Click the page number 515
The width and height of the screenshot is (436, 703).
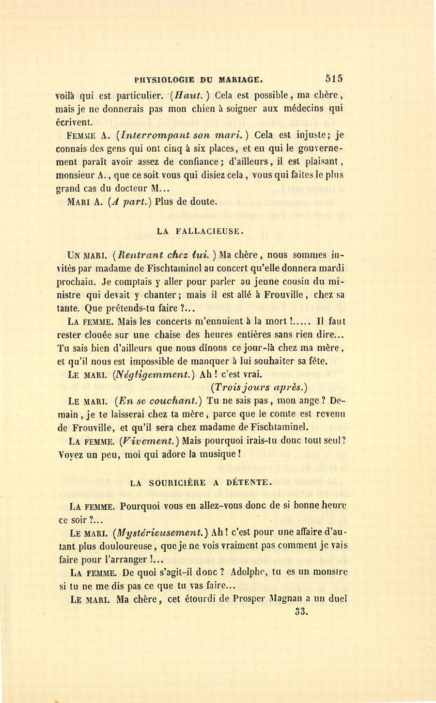point(334,78)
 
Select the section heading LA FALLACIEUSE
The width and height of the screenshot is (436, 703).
point(198,231)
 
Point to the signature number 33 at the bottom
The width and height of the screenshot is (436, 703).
point(301,612)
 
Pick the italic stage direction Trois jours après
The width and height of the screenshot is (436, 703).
point(259,387)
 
